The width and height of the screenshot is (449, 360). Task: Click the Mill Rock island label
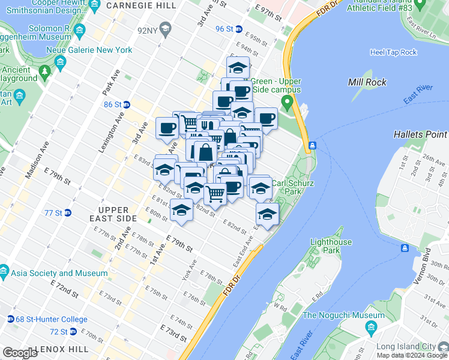point(367,82)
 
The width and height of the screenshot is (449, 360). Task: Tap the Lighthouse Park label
point(331,246)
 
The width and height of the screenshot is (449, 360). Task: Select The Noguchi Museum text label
point(343,316)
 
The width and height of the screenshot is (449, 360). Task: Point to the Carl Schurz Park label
point(294,187)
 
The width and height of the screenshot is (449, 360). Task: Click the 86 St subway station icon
point(127,104)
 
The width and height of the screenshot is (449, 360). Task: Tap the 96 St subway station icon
point(238,29)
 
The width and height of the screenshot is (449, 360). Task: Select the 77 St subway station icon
point(68,212)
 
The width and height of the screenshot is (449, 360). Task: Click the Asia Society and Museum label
point(58,273)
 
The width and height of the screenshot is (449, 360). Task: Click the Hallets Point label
point(420,135)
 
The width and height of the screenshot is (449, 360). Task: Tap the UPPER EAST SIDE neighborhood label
point(109,214)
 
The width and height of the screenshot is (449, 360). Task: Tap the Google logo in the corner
point(19,353)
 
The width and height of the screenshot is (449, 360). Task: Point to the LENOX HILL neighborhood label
point(62,349)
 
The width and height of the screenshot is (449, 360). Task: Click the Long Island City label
point(411,347)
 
